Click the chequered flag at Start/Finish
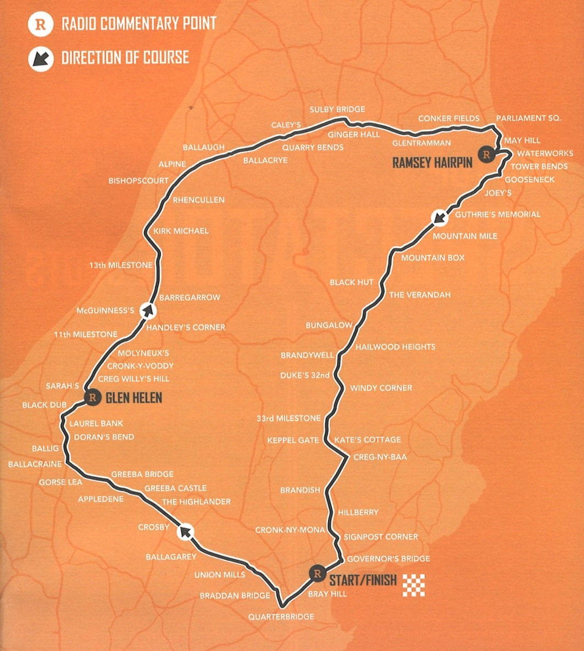coord(413,585)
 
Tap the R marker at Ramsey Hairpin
coord(486,154)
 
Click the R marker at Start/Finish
coord(316,574)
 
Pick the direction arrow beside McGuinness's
coord(147,311)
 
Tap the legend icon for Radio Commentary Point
coord(40,25)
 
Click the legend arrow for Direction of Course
coord(40,58)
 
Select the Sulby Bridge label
coord(337,110)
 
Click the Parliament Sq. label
coord(529,119)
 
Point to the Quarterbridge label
coord(281,617)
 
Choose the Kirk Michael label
coord(181,231)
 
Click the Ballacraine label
coord(35,464)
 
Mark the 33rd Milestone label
coord(288,419)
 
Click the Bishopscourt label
coord(138,180)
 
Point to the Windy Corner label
coord(381,388)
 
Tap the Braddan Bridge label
coord(235,596)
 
